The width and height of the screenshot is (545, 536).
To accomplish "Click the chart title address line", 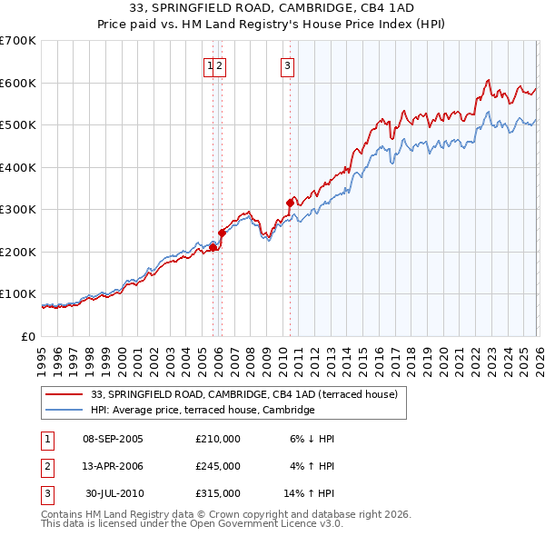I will click(272, 7).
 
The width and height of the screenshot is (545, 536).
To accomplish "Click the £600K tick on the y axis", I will click(18, 83).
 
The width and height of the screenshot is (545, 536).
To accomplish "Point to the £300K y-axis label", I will click(18, 209).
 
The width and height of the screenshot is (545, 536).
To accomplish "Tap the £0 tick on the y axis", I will click(29, 336).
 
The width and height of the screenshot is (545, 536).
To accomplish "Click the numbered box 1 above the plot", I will click(210, 65).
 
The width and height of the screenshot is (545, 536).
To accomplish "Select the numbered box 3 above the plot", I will click(287, 65).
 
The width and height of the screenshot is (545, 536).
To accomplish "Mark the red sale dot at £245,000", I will click(222, 233).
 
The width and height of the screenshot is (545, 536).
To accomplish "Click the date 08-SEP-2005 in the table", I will click(113, 439).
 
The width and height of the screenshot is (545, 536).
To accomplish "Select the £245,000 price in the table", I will click(218, 466).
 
